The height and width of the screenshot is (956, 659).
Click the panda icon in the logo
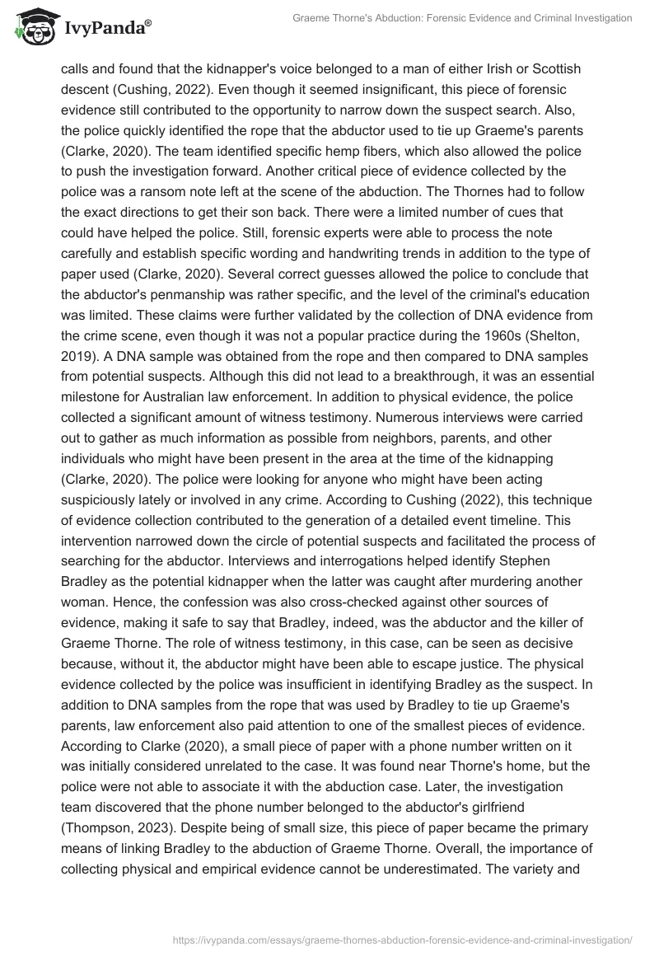[x=31, y=25]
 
